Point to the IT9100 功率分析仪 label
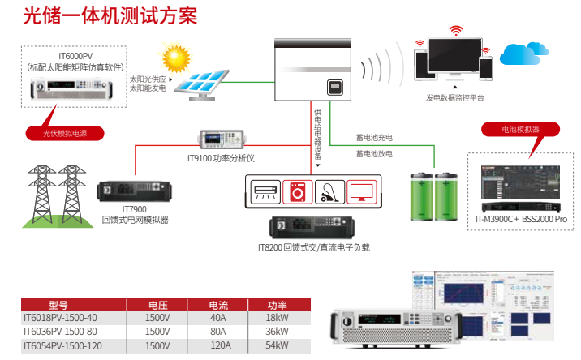tap(222, 158)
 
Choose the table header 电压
tap(157, 305)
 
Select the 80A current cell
tap(218, 331)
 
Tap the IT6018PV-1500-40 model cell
tap(61, 318)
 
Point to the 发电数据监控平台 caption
tap(454, 97)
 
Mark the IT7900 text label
tap(134, 208)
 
